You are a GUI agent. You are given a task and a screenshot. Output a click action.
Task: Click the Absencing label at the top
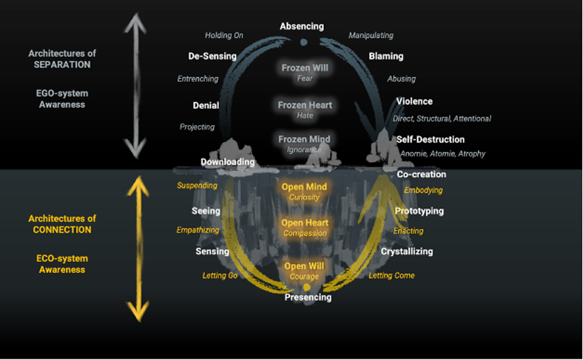[301, 27]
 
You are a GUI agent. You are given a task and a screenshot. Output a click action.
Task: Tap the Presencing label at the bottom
[308, 297]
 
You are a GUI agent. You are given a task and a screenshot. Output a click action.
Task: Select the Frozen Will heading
[305, 68]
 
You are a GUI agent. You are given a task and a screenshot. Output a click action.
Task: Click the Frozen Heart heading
[305, 105]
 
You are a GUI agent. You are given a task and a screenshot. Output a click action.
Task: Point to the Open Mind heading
[304, 187]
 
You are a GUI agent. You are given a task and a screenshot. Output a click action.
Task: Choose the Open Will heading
[304, 266]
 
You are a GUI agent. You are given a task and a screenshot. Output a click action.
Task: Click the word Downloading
[228, 162]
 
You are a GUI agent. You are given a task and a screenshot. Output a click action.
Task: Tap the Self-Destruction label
[430, 139]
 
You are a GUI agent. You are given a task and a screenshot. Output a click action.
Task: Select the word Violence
[414, 102]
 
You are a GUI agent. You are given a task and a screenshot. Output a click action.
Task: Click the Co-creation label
[421, 174]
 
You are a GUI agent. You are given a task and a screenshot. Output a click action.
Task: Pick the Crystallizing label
[406, 251]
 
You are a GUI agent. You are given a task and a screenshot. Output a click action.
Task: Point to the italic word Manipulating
[371, 35]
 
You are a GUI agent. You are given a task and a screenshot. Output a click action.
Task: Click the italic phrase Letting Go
[220, 276]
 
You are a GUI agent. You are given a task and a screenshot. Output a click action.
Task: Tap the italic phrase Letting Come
[392, 276]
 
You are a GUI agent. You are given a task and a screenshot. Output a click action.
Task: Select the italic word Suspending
[197, 186]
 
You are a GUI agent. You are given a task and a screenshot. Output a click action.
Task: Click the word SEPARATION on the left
[62, 64]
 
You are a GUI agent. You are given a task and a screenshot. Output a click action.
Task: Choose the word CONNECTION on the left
[62, 230]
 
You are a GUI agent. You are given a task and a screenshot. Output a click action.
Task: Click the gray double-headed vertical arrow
[135, 86]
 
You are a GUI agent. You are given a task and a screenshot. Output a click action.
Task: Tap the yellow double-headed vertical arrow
[138, 249]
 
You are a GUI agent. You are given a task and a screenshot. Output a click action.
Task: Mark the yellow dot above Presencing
[306, 287]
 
